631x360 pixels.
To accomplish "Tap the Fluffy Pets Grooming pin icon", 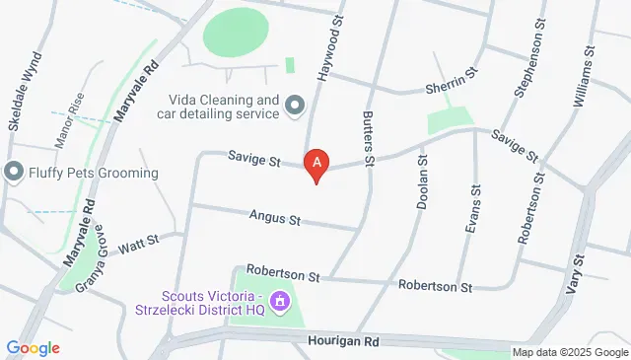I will point(14,173).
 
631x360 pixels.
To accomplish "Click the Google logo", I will point(33,348).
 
